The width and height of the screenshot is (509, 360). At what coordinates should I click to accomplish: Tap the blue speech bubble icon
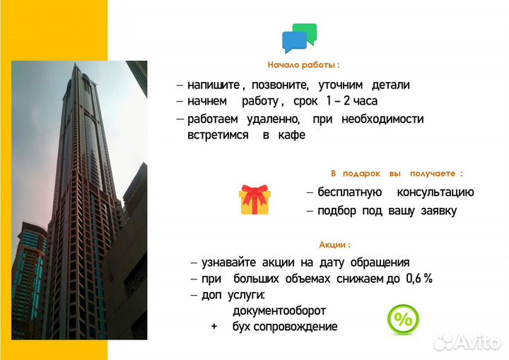coord(293,42)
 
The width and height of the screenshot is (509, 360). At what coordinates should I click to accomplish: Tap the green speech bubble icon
coord(306,33)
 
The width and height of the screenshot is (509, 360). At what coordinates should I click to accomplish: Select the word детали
coord(388,85)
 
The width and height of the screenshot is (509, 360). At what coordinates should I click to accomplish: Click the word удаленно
coord(273,119)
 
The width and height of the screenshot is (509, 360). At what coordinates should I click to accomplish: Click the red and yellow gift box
coord(255,200)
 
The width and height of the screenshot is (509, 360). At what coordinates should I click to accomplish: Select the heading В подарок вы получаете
coord(397,173)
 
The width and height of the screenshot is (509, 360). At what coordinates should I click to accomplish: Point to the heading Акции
coord(334,245)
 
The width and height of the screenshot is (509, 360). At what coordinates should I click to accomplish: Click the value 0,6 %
coord(419,279)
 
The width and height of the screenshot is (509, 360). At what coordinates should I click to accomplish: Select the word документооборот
coord(279,310)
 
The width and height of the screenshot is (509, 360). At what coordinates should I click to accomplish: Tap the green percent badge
coord(403,320)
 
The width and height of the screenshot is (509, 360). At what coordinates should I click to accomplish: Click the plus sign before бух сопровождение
coord(213,327)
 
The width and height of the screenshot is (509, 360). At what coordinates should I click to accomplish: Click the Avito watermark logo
coord(466,342)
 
